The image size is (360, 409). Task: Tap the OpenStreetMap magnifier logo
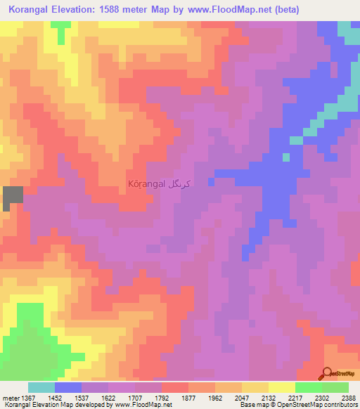click(328, 373)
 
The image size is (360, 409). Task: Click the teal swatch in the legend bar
click(41, 387)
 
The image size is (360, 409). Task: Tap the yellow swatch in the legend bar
click(255, 387)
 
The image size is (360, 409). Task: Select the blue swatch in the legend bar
click(67, 387)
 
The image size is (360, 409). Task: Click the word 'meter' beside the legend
click(10, 398)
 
